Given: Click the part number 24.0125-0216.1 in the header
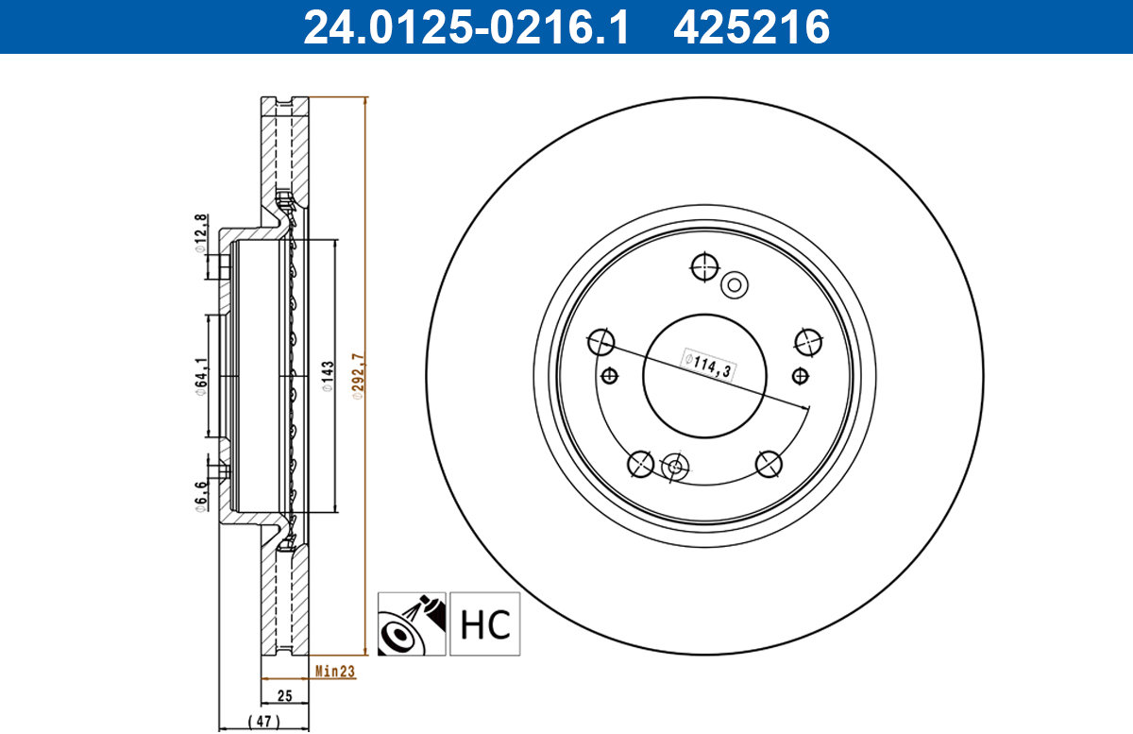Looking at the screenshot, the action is tap(465, 27).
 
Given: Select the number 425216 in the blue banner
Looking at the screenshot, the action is tap(752, 27).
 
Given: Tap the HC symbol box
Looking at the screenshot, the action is tap(484, 623).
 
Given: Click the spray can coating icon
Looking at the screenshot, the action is tap(412, 623).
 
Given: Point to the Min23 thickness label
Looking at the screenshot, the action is tap(335, 672).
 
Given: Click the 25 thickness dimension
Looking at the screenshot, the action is tap(285, 696).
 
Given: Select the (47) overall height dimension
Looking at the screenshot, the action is tap(264, 721).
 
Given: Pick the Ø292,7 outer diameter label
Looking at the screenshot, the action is tap(358, 376).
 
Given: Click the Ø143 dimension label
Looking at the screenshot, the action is tap(328, 376).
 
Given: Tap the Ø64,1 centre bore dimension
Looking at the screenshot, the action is tap(201, 377).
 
